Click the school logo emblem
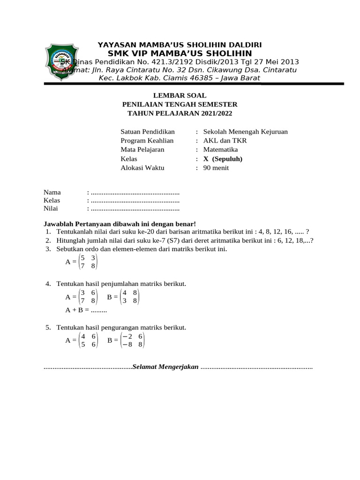(65, 61)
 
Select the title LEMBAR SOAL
(180, 95)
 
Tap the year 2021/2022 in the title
(214, 113)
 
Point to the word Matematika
(220, 150)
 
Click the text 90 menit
(216, 167)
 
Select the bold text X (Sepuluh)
(223, 158)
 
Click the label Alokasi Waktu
(142, 167)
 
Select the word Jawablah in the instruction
(59, 224)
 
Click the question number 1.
(48, 232)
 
